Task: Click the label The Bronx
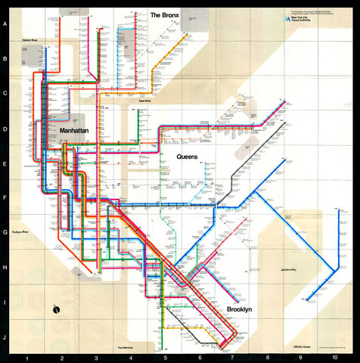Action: (165, 15)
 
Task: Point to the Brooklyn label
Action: (238, 309)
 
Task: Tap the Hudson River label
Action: (20, 232)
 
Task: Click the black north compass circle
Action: (56, 309)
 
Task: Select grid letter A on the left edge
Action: (6, 23)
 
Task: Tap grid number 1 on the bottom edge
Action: (28, 358)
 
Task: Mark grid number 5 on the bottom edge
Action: (166, 358)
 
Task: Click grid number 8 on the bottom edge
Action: (267, 358)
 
